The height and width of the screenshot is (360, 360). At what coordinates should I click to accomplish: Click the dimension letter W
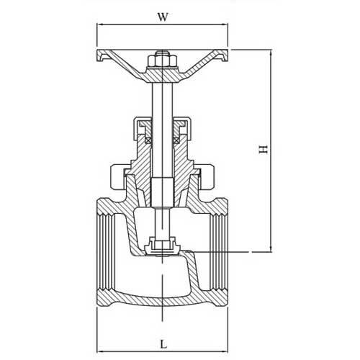(x=163, y=17)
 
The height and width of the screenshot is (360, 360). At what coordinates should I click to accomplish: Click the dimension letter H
(x=263, y=149)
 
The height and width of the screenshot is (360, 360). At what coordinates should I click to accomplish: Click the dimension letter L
(x=163, y=345)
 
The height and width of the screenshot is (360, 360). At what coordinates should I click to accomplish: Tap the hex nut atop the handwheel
(x=162, y=61)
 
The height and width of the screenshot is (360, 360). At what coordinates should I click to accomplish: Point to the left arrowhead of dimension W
(x=99, y=24)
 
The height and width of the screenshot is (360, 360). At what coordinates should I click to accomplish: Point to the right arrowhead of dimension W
(x=225, y=24)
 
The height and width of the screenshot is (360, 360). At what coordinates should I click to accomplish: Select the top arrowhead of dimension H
(x=271, y=53)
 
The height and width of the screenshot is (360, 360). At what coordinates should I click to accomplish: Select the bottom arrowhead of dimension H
(x=271, y=249)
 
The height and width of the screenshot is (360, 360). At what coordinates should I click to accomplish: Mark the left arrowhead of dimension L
(x=99, y=351)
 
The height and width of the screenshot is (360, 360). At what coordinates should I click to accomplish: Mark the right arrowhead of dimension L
(x=225, y=351)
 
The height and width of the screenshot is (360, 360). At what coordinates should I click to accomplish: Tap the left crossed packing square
(x=148, y=140)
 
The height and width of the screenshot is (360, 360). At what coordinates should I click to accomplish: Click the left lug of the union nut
(x=117, y=177)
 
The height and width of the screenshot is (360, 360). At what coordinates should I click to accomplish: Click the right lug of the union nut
(x=207, y=177)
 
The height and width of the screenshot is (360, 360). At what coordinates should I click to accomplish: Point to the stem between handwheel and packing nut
(x=162, y=101)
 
